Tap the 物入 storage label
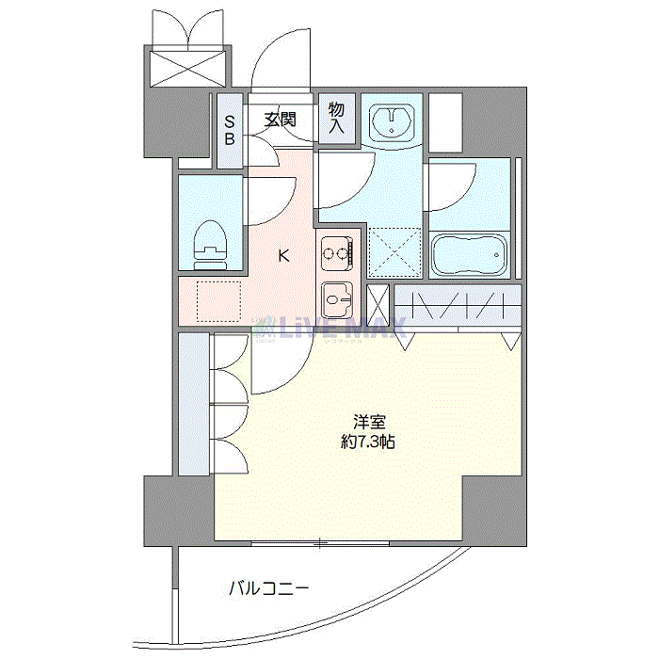[x=336, y=119]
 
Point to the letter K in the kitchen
[x=282, y=253]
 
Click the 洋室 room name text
[x=369, y=423]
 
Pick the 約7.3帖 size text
[x=369, y=442]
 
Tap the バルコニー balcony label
[x=268, y=589]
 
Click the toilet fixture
[x=211, y=244]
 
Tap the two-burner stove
[x=337, y=251]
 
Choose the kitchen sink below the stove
[x=337, y=301]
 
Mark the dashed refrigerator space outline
[x=217, y=301]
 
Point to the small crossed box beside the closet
[x=378, y=304]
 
